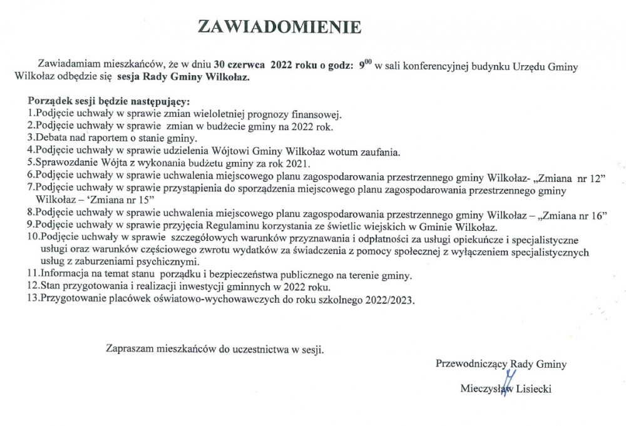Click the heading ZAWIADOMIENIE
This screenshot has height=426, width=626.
(279, 26)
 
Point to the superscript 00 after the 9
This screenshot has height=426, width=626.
(368, 61)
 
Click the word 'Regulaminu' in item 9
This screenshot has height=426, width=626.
(262, 226)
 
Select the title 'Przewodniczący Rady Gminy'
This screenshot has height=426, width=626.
(501, 363)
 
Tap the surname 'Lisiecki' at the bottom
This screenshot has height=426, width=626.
(533, 388)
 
